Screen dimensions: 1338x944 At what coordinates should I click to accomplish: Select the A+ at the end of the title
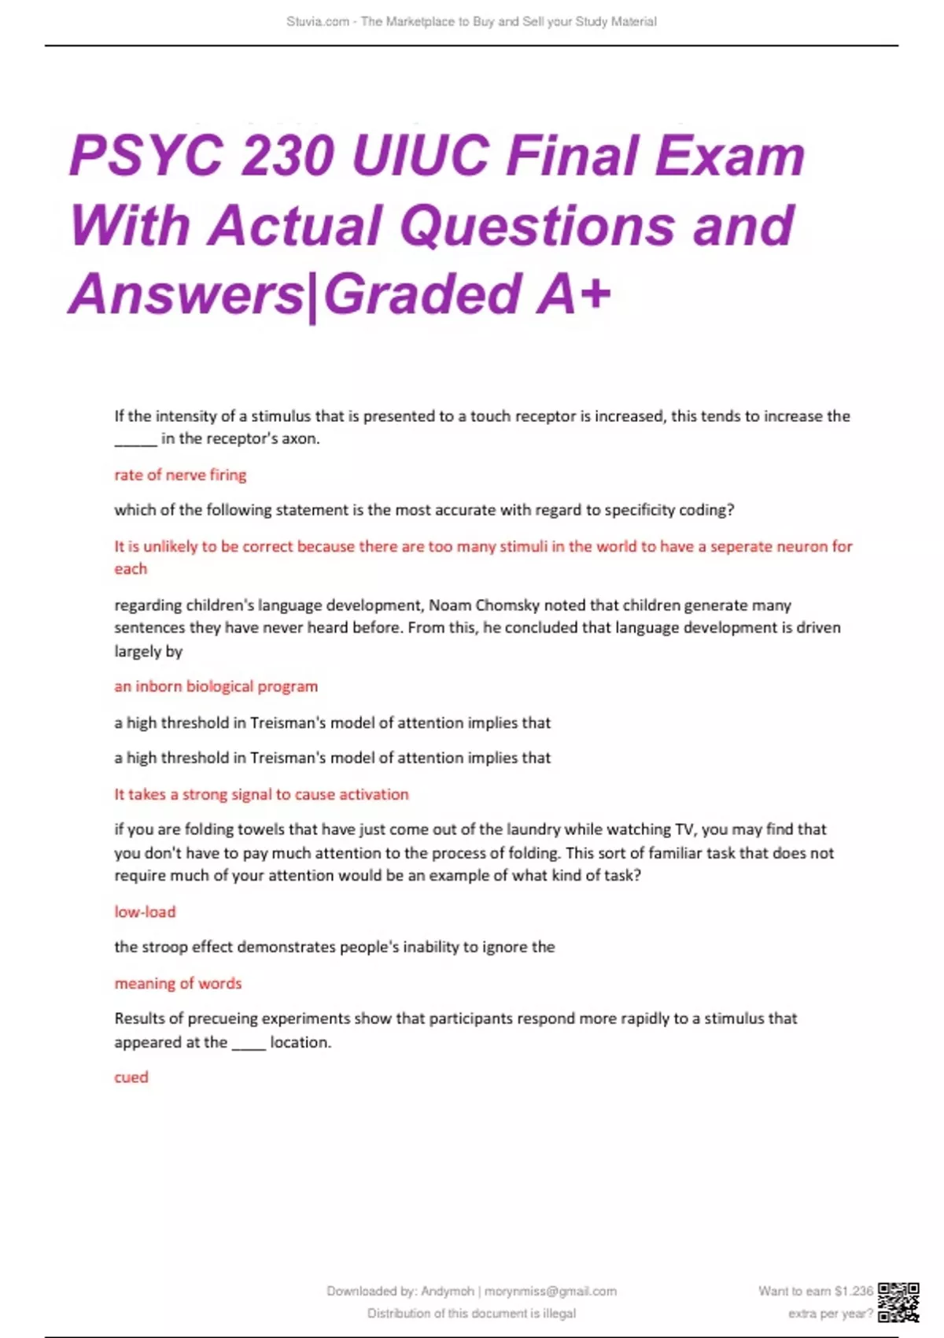click(x=573, y=294)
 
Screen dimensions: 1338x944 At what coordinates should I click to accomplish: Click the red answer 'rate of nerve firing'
click(x=180, y=475)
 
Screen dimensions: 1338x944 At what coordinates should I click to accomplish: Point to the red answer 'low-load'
click(x=145, y=911)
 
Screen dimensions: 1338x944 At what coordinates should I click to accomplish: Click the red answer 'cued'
click(x=131, y=1077)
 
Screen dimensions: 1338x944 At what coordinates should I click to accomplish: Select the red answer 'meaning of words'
click(x=178, y=983)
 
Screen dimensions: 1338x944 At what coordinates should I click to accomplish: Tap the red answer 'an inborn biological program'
click(x=216, y=686)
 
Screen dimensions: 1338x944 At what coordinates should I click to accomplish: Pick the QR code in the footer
click(x=898, y=1302)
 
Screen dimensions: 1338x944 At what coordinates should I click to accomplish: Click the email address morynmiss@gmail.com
click(x=551, y=1291)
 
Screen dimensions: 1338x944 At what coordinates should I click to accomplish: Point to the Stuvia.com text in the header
click(x=318, y=21)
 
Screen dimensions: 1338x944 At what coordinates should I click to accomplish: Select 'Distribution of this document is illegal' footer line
click(x=471, y=1313)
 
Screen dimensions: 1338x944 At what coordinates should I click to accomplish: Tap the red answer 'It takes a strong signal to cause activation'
click(x=261, y=794)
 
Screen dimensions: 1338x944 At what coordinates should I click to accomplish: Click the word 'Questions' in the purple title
click(x=537, y=225)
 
